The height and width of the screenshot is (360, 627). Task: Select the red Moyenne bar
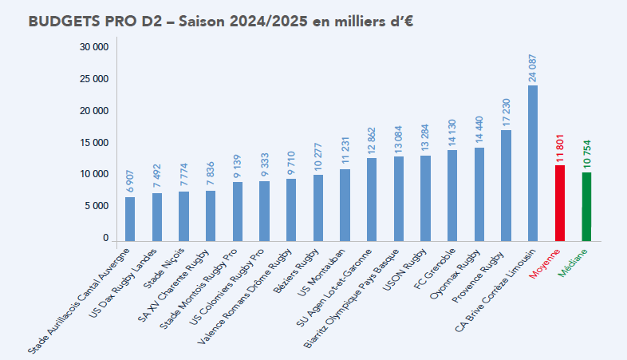tap(560, 203)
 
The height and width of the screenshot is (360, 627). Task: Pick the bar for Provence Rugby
tap(506, 185)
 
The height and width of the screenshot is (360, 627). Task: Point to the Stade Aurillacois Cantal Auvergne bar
tap(130, 219)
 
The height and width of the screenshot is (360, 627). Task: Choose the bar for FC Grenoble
tap(452, 195)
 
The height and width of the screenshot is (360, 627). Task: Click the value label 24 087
tap(533, 67)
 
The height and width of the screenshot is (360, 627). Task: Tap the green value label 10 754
tap(586, 154)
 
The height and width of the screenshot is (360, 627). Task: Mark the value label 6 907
tap(130, 180)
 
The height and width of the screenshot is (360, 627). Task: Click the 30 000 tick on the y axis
tap(94, 48)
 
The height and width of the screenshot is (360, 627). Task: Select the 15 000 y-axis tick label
tap(94, 143)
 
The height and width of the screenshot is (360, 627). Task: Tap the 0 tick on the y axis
tap(104, 238)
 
